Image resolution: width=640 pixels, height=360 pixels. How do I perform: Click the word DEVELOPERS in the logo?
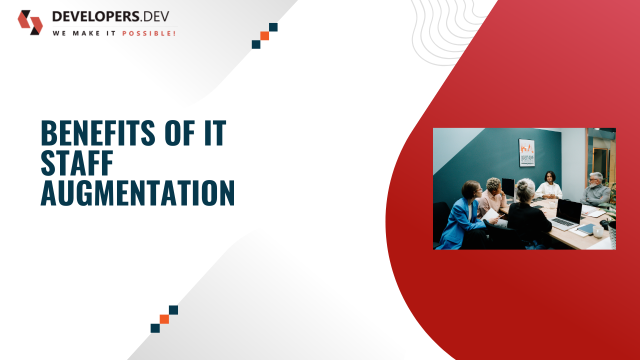tap(96, 16)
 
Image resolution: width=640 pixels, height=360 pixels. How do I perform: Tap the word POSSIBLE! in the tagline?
tap(149, 33)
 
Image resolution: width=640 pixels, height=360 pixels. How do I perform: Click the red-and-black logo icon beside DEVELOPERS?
tap(30, 22)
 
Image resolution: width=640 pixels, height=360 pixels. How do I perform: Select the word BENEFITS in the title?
tap(98, 133)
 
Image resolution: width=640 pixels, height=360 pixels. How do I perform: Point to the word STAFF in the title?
tap(77, 163)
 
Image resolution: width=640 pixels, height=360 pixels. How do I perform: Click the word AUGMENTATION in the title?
tap(137, 193)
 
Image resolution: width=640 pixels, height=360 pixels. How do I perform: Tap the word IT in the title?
tap(215, 133)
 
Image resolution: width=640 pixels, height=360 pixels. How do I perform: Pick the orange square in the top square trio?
tap(264, 36)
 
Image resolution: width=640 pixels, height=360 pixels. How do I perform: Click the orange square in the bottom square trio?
tap(164, 319)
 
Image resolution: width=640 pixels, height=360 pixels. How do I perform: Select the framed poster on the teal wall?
tap(526, 153)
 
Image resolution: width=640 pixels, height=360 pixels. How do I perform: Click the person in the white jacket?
tap(549, 185)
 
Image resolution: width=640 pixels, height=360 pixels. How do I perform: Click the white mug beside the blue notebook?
tap(598, 231)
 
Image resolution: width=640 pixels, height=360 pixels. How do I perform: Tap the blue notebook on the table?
tap(586, 229)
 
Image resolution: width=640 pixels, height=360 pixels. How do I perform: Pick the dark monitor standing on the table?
tap(508, 188)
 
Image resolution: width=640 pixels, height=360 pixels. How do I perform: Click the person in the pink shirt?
tap(491, 198)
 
